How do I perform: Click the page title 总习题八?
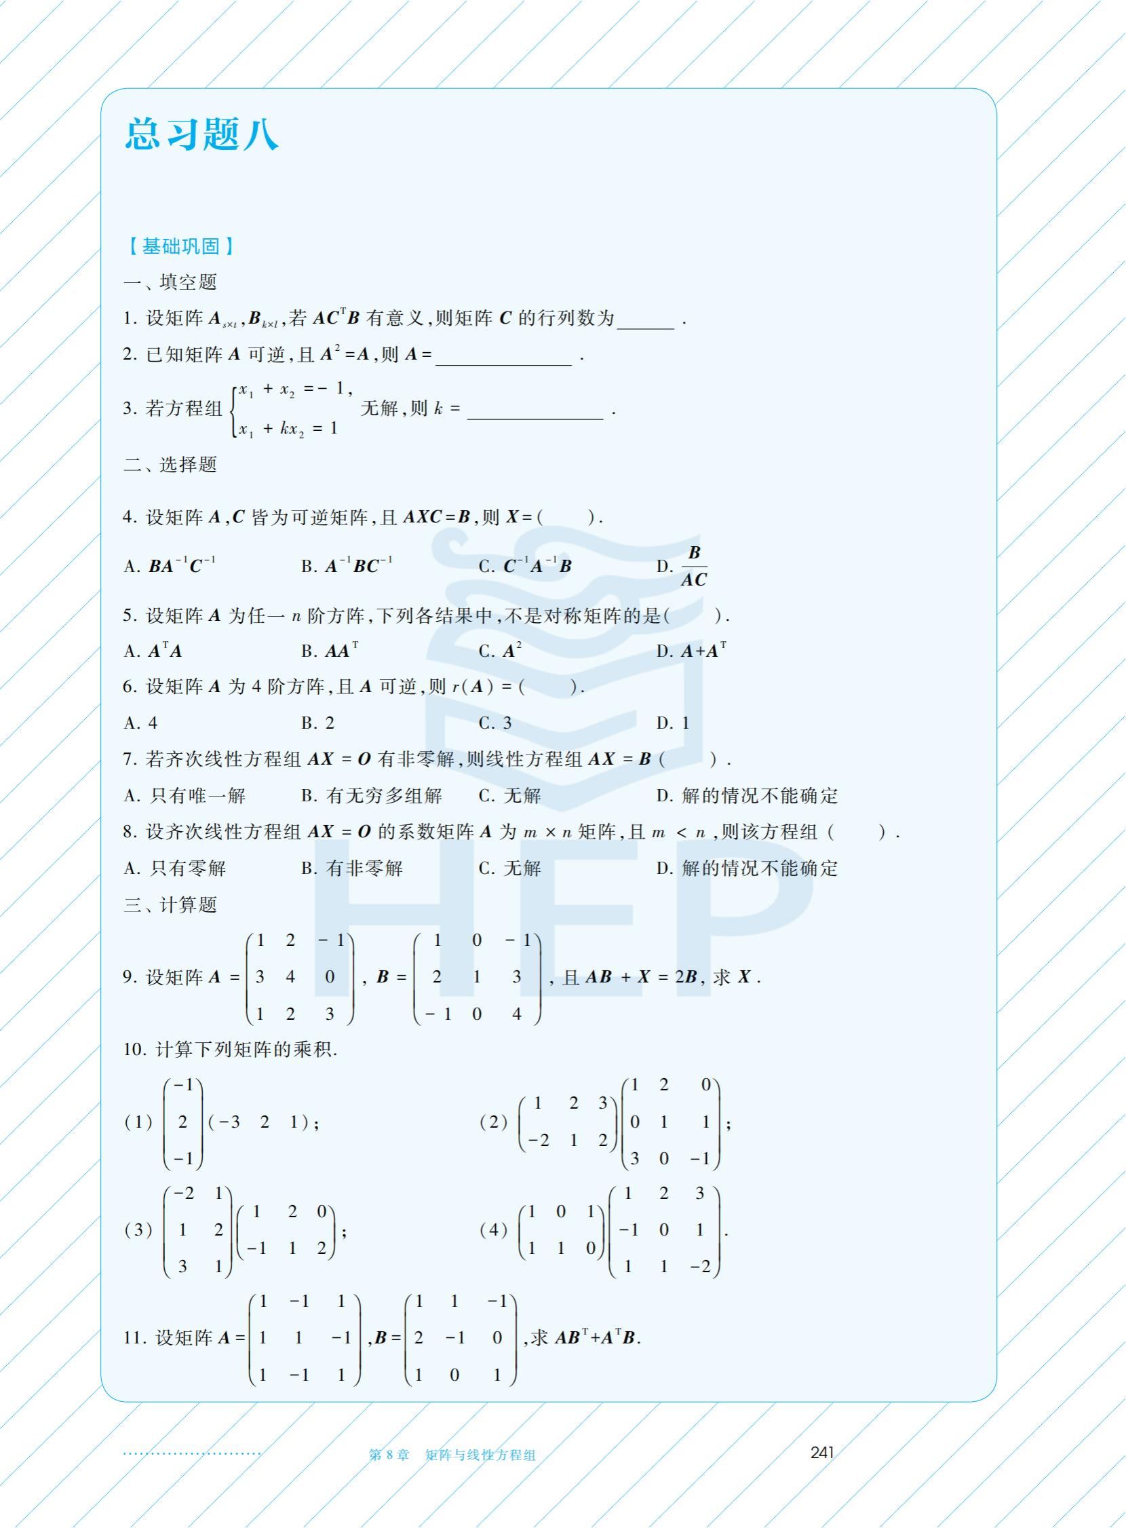tap(201, 134)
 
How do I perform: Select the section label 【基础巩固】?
tap(180, 246)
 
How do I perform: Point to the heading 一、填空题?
tap(170, 282)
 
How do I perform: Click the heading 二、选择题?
tap(170, 465)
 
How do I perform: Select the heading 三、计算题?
tap(170, 905)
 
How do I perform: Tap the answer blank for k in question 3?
tap(535, 411)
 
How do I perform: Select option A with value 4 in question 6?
tap(141, 723)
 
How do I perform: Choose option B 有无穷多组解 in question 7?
tap(372, 796)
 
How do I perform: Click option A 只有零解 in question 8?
tap(175, 868)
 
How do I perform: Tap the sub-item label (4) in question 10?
tap(493, 1229)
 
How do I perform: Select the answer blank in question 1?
tap(645, 320)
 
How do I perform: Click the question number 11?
tap(134, 1338)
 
